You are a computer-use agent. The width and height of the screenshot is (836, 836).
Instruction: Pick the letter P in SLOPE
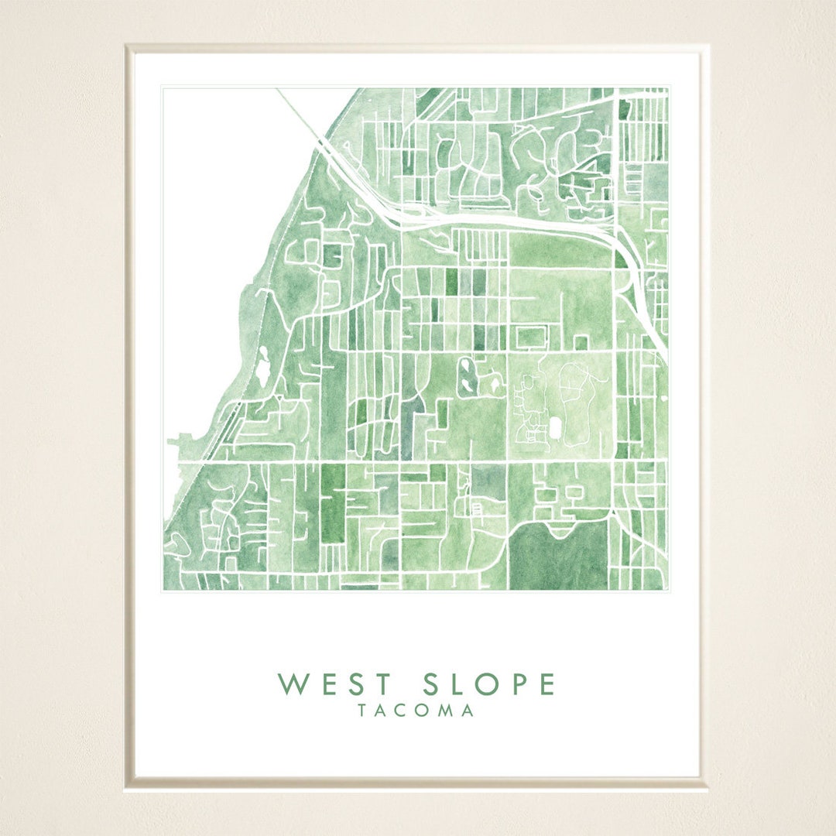[x=516, y=684]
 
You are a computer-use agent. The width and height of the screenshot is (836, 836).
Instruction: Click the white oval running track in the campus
[x=555, y=427]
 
